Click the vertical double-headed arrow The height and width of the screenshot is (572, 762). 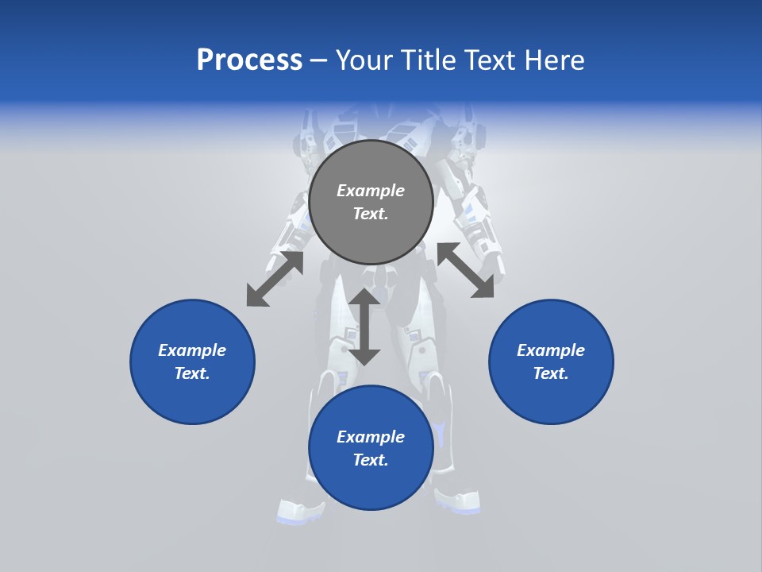point(364,327)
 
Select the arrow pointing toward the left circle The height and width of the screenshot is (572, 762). point(275,279)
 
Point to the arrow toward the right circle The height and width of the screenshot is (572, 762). point(466,270)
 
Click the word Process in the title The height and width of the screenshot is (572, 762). point(249,60)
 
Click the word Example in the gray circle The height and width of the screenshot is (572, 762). point(371,191)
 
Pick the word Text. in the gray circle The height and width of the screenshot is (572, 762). point(371,214)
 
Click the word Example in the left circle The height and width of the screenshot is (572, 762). point(192,350)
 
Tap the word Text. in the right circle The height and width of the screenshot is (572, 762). point(551,373)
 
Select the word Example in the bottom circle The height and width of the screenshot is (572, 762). point(371,437)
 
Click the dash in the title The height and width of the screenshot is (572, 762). point(319,60)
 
